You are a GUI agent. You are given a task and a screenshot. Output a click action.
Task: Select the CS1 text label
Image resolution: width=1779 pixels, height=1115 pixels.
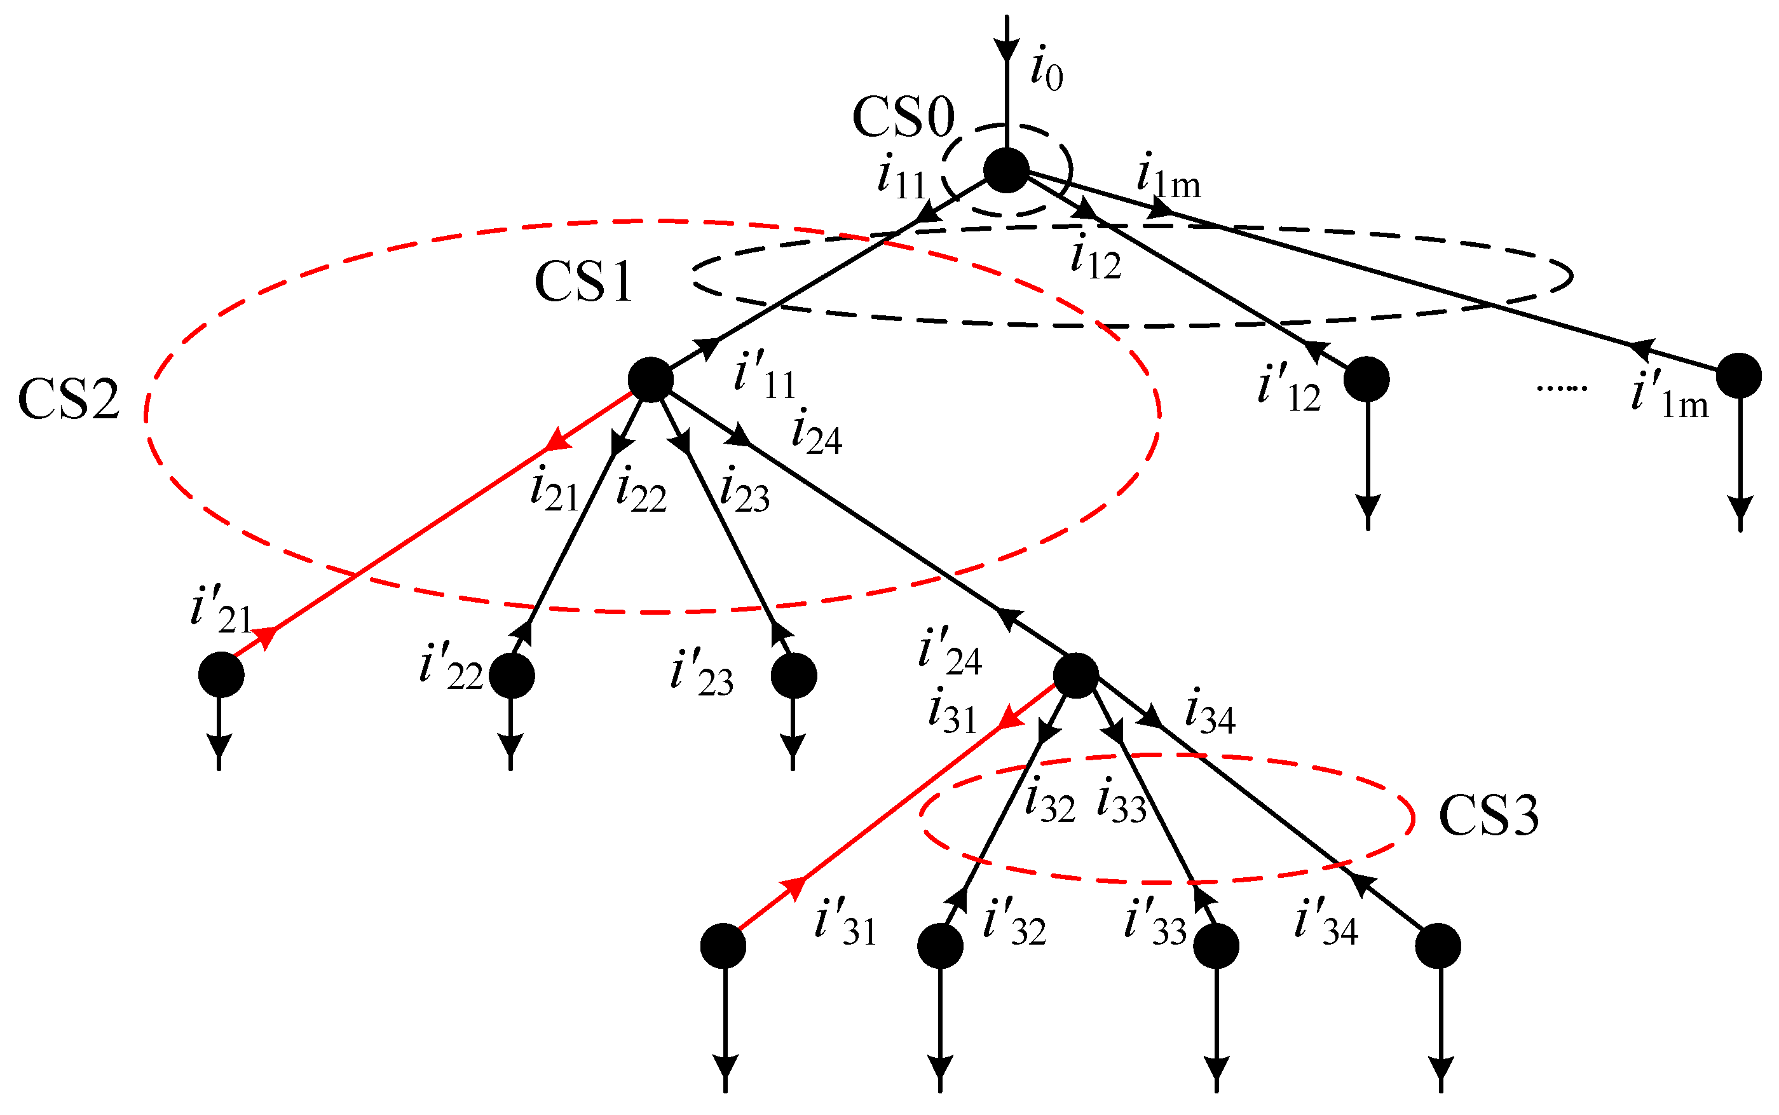click(x=583, y=282)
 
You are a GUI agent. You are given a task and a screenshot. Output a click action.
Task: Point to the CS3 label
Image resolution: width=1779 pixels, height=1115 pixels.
click(x=1489, y=816)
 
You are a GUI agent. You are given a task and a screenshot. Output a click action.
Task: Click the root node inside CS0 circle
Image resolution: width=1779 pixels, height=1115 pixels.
click(x=1006, y=170)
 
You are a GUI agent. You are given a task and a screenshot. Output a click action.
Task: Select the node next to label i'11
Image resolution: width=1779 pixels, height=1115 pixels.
click(x=650, y=380)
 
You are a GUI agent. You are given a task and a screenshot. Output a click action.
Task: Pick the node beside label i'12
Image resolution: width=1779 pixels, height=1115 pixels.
click(x=1367, y=380)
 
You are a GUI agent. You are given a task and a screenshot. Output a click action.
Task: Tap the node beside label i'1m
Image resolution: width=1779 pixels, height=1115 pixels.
click(x=1739, y=376)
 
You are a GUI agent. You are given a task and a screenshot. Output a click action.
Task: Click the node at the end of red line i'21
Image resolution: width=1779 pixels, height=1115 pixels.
click(x=221, y=674)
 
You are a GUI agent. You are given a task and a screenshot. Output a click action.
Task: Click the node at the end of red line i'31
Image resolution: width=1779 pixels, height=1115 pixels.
click(x=723, y=946)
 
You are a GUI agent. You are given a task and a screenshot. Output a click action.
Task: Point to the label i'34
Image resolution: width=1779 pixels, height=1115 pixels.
click(x=1326, y=922)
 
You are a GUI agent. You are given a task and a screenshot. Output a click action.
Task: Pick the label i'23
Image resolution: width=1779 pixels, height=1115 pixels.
click(x=701, y=673)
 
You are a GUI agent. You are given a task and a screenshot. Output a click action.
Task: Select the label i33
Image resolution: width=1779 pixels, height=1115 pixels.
click(x=1121, y=802)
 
